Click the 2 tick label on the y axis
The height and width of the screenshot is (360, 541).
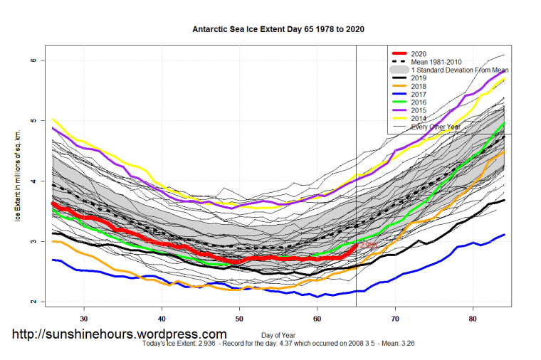33,302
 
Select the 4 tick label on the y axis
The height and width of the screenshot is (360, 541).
33,182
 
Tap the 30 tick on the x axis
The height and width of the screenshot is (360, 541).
84,318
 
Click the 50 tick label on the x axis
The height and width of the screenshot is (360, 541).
239,318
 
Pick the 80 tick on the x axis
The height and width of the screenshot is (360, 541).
473,318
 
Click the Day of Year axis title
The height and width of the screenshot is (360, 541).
278,334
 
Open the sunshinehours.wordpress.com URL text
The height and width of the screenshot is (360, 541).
120,334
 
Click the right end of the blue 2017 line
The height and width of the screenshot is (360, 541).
504,235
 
